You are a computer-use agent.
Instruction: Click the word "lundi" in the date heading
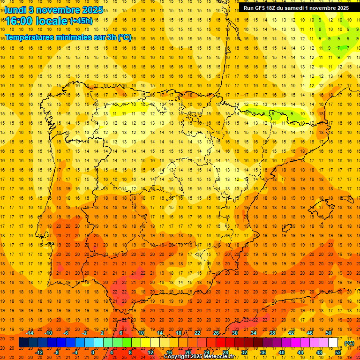point(15,9)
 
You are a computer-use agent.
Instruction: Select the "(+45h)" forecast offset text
point(81,21)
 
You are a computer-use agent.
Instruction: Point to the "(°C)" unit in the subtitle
point(125,37)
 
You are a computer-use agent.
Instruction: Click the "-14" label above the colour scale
point(30,333)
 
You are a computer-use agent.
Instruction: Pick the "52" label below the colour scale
point(338,352)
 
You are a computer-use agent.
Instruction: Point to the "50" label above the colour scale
point(329,333)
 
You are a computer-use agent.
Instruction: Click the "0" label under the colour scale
point(93,352)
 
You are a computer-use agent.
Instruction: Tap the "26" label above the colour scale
point(216,333)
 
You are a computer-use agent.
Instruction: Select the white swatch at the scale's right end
point(333,343)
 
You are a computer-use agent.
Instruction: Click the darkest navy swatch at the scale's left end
point(23,343)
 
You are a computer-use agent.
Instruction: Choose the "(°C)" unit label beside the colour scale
point(349,343)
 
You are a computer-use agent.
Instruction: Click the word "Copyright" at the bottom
point(177,357)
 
